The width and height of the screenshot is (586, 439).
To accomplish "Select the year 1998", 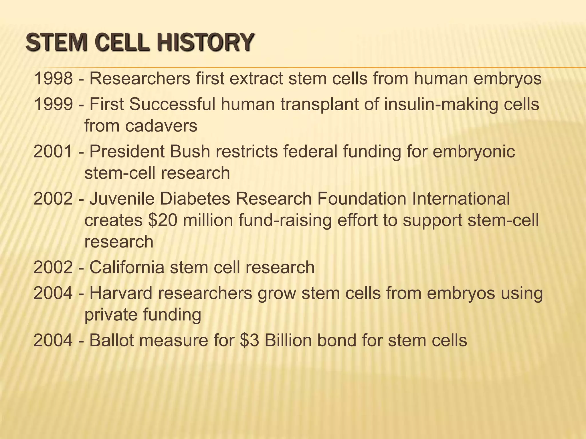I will coord(53,79).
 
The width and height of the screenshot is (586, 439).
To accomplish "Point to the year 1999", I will coord(53,104).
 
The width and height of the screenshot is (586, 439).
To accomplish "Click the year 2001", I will coord(53,151).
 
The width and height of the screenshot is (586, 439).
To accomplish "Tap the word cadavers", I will coord(161,126).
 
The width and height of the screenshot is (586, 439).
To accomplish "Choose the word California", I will coord(127,268).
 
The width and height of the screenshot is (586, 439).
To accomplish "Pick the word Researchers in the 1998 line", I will coord(140,79).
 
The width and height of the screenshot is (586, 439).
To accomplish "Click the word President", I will coord(127,151).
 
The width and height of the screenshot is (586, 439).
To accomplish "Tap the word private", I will coord(110,315).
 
